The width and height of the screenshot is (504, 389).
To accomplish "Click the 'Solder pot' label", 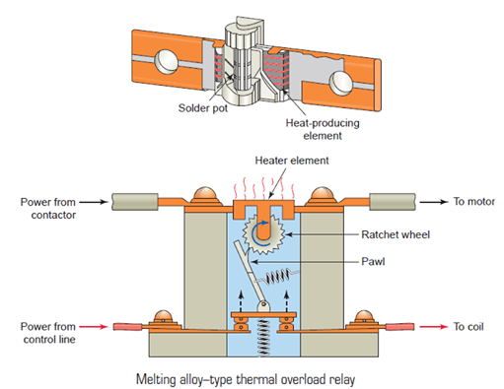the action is pyautogui.click(x=203, y=108).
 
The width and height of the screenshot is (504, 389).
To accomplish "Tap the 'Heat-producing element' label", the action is pyautogui.click(x=323, y=129).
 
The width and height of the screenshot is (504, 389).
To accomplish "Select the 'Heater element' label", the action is pyautogui.click(x=292, y=161).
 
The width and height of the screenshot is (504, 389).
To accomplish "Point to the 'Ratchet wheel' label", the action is pyautogui.click(x=396, y=234).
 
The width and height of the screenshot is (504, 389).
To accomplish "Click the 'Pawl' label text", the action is pyautogui.click(x=373, y=262).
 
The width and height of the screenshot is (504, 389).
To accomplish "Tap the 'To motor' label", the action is pyautogui.click(x=474, y=202).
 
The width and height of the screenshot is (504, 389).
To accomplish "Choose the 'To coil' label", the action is pyautogui.click(x=468, y=327).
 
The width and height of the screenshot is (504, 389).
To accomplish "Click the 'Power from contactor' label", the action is pyautogui.click(x=48, y=209).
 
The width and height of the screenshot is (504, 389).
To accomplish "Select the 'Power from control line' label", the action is pyautogui.click(x=48, y=333).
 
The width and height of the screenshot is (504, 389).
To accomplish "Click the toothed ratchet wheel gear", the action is pyautogui.click(x=263, y=234).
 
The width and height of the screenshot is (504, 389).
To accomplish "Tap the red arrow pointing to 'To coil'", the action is pyautogui.click(x=434, y=327).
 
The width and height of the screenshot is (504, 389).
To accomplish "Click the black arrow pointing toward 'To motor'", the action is pyautogui.click(x=434, y=202).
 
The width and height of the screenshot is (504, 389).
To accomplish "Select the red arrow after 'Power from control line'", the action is pyautogui.click(x=94, y=327).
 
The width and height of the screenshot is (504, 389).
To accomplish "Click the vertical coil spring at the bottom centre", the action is pyautogui.click(x=263, y=338).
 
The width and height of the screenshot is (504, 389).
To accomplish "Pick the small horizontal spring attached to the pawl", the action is pyautogui.click(x=279, y=276).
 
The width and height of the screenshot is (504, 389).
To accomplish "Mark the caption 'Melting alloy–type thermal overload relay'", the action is pyautogui.click(x=246, y=379).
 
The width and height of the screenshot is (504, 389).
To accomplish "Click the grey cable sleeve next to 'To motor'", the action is pyautogui.click(x=393, y=202).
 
